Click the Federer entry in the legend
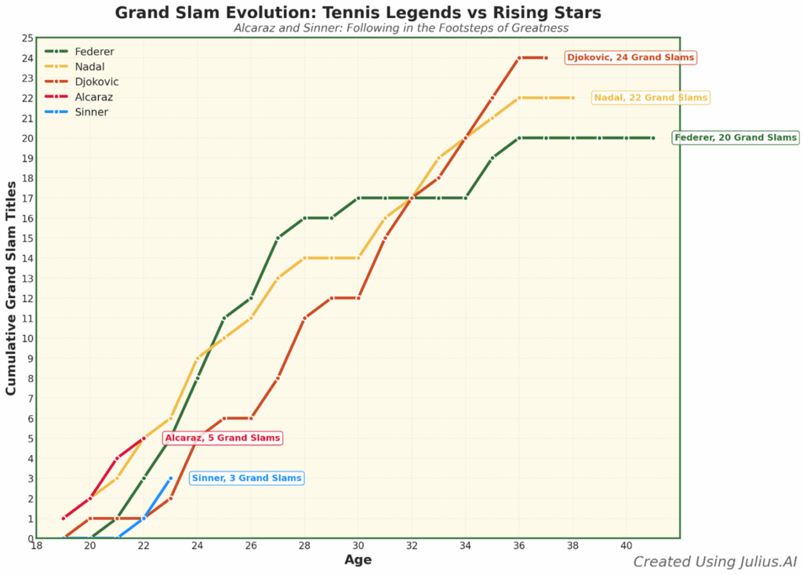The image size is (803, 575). coord(94,52)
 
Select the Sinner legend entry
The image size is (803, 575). coord(91,112)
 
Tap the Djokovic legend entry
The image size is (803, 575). coord(96,82)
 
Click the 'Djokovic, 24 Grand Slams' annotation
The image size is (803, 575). coord(630,58)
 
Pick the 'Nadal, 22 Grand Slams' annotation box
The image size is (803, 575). coord(651,98)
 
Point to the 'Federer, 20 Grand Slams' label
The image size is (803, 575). coord(736,138)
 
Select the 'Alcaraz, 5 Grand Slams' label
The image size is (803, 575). coord(223,439)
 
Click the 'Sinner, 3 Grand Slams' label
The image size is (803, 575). coord(246,479)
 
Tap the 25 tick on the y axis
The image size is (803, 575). coord(27,38)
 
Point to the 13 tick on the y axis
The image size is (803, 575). coord(27,278)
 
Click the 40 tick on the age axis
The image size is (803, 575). coord(627,546)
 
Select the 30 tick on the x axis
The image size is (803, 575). coord(358,546)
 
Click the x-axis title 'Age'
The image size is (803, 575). coord(358,560)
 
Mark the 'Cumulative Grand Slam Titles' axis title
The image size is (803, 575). coord(12,288)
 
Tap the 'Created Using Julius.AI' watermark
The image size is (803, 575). coord(714,562)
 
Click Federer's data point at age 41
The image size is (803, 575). coord(653,138)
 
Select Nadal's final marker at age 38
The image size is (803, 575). coord(573,98)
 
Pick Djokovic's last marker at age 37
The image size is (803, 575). coord(547,58)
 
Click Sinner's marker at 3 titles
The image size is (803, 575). coord(171,479)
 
